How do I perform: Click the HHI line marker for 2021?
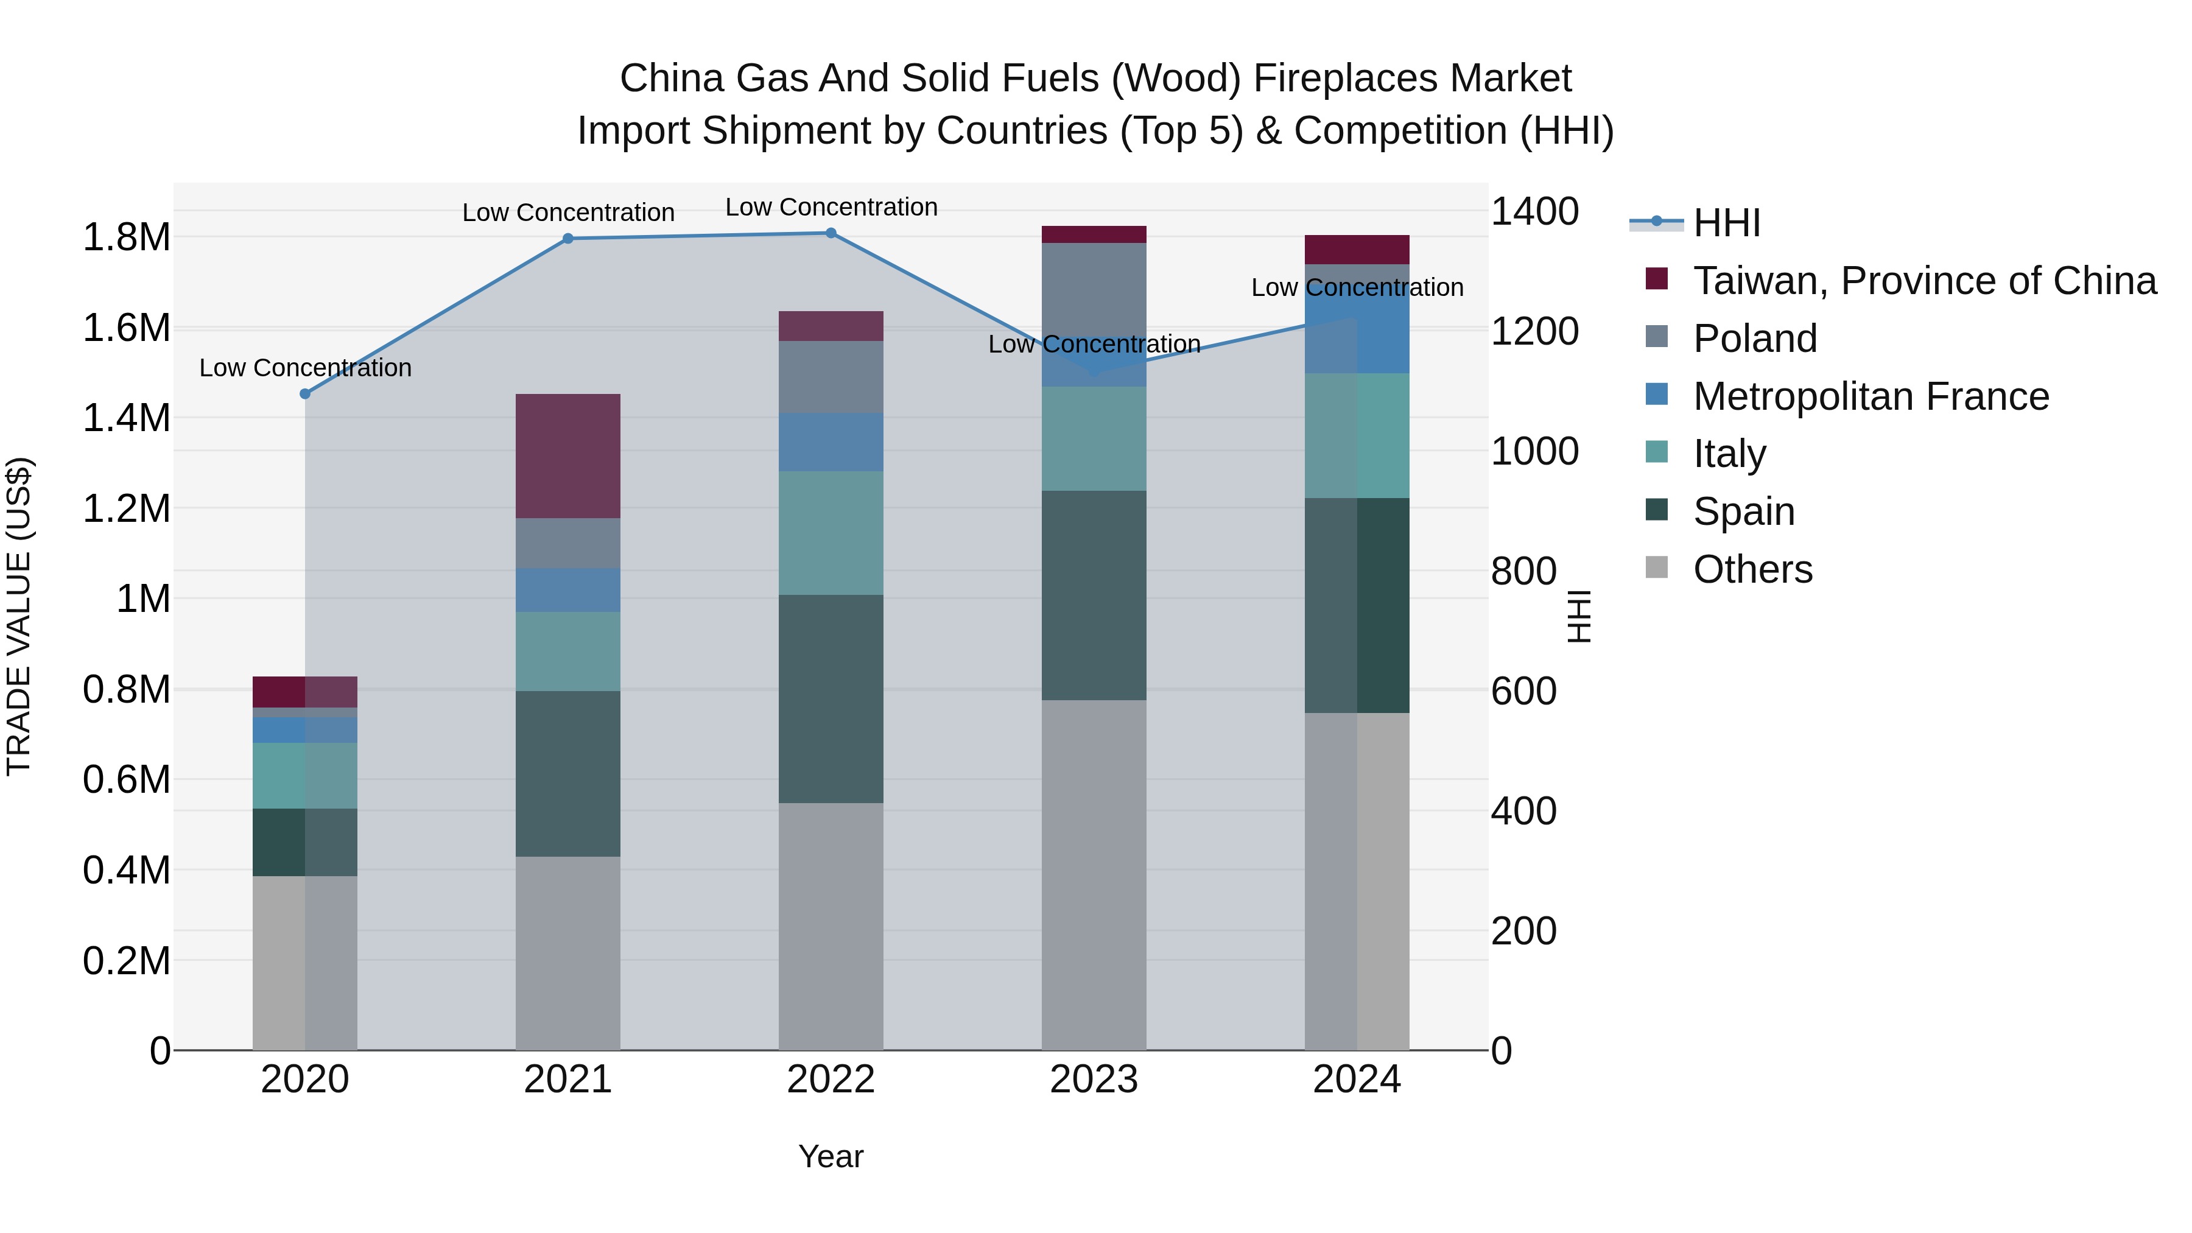(x=569, y=238)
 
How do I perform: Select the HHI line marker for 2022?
(x=831, y=233)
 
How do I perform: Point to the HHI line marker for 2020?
(x=306, y=394)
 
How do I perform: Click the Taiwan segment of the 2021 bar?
(x=569, y=456)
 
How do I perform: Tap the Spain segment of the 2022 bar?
(x=831, y=698)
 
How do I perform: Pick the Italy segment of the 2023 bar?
(x=1094, y=439)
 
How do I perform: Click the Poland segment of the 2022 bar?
(x=831, y=377)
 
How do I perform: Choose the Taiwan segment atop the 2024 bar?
(x=1357, y=249)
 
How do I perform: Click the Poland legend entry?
(x=1755, y=339)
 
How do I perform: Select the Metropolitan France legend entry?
(x=1871, y=396)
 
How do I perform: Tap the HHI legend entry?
(x=1726, y=223)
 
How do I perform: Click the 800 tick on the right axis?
(x=1523, y=571)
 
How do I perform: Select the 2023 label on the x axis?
(x=1094, y=1080)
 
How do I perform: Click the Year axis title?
(x=831, y=1156)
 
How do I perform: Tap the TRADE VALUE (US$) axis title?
(x=19, y=616)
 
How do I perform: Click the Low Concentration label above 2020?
(x=306, y=368)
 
